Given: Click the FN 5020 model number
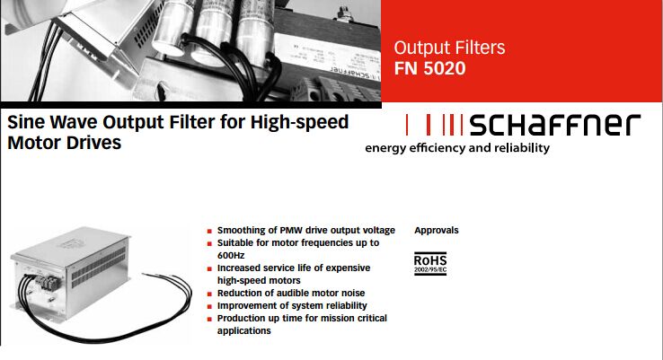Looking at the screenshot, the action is point(429,68).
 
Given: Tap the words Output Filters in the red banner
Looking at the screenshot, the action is point(449,48).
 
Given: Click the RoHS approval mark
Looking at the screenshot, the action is point(430,264).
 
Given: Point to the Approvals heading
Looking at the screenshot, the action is point(437,231).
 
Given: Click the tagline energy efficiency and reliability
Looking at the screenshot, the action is point(457,148).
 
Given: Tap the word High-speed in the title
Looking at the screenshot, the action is point(299,122).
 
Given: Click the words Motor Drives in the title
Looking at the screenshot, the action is point(65,143).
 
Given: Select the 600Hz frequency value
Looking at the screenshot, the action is point(231,255).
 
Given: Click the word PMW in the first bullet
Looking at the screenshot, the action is point(291,231).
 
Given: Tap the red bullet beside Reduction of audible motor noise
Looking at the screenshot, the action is point(209,294).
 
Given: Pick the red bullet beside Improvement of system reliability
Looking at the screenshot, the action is point(209,307).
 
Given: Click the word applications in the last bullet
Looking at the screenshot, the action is point(244,331).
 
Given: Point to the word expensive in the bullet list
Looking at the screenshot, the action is point(349,268).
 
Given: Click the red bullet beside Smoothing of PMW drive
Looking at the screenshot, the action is point(209,231).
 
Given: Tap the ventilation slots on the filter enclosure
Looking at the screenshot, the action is point(99,268).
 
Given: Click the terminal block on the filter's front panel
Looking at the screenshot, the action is point(48,283).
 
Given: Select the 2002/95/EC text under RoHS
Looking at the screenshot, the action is point(430,269).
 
